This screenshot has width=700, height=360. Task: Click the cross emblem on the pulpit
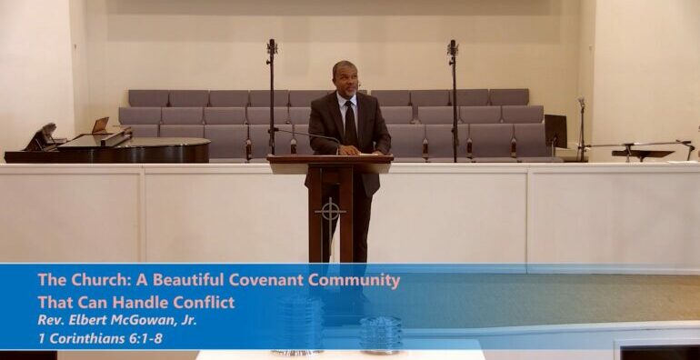(x=329, y=212)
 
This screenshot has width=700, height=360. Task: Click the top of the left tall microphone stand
(x=271, y=45)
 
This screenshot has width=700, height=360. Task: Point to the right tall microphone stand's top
(x=452, y=45)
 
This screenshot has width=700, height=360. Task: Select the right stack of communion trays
(x=380, y=333)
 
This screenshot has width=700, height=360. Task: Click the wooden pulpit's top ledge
(x=330, y=159)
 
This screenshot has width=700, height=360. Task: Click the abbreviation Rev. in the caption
(x=51, y=320)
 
